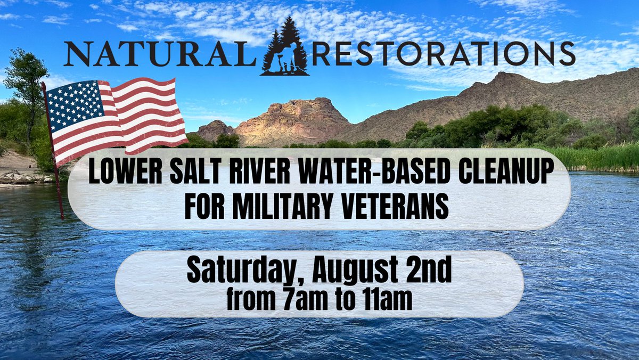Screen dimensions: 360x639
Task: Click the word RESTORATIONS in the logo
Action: point(444,55)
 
